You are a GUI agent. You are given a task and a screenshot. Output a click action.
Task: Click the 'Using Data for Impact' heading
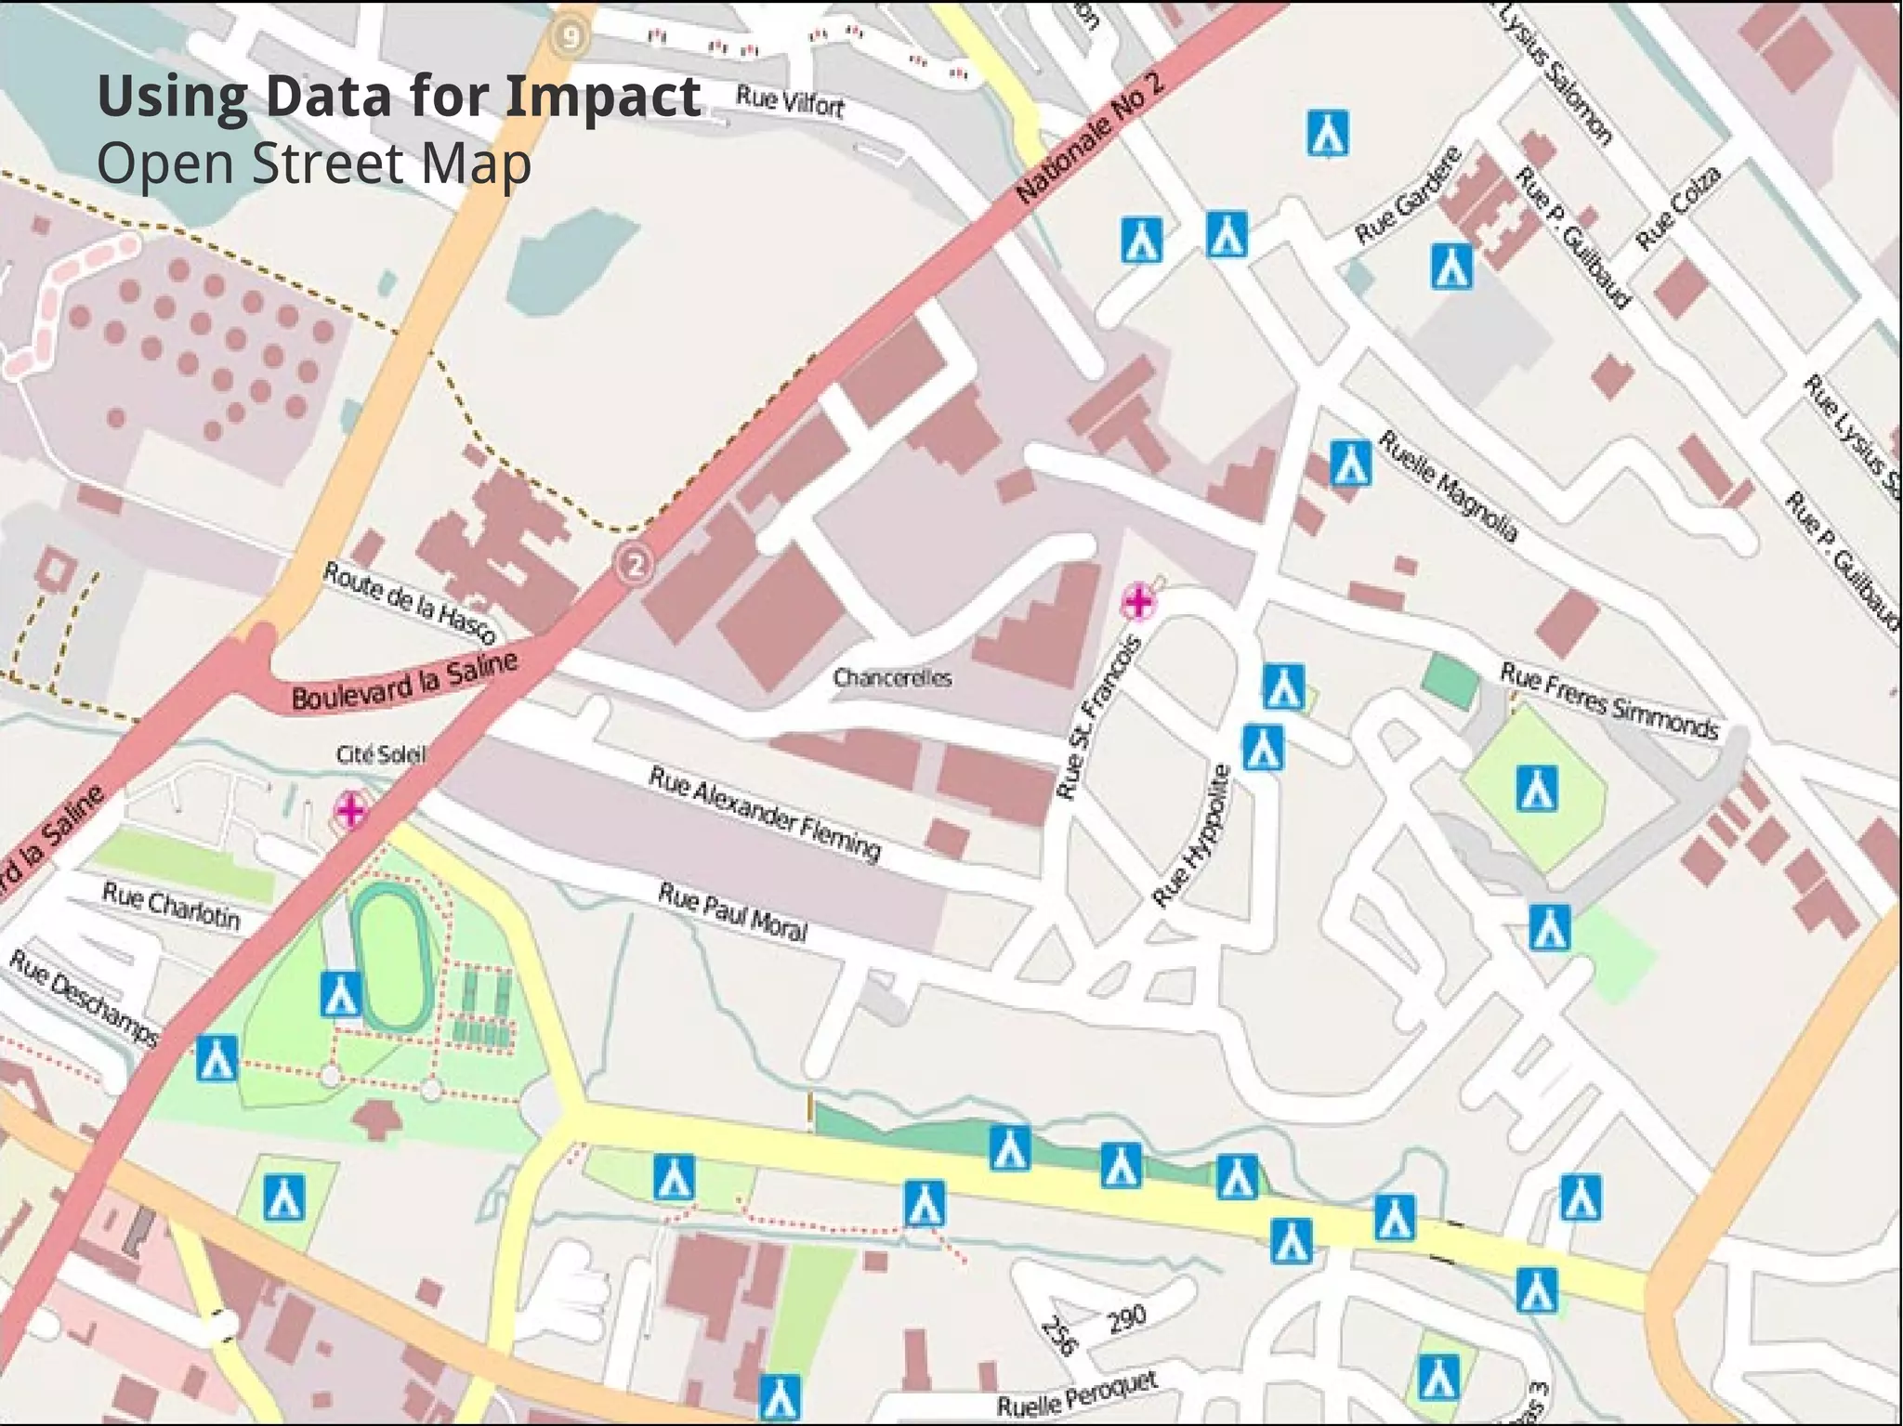399,96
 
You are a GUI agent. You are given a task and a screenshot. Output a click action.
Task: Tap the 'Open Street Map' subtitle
313,164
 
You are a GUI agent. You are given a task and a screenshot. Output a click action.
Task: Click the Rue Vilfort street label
790,100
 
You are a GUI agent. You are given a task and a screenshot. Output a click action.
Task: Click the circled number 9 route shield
571,38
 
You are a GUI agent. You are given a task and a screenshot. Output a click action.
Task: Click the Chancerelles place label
892,677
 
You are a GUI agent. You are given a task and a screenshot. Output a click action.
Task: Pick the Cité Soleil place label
381,754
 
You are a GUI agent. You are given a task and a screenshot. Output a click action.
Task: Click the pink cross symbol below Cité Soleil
351,810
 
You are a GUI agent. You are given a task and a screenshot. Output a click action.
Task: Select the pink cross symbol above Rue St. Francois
1138,602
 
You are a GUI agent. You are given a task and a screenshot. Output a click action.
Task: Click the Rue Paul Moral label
732,910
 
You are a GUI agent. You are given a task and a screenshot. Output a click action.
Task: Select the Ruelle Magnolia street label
1448,486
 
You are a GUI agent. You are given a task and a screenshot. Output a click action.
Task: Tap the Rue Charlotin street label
171,906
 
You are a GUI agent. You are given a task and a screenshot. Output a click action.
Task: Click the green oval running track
396,957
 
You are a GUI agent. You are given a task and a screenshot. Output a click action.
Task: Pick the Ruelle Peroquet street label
1078,1394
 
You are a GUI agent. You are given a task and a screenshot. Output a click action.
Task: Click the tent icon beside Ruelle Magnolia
1350,463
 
